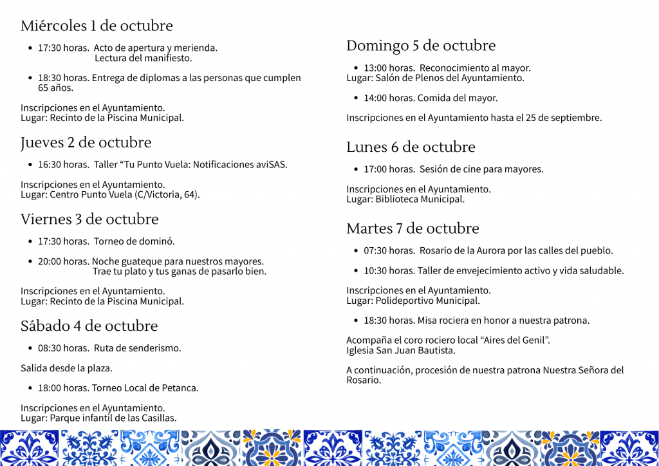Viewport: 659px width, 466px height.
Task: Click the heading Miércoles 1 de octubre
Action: [97, 26]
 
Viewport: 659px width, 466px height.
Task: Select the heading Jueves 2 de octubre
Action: [86, 142]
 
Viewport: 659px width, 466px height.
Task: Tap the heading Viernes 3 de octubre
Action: [89, 219]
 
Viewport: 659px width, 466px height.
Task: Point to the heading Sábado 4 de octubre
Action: [89, 326]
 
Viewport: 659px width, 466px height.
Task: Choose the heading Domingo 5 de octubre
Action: [421, 46]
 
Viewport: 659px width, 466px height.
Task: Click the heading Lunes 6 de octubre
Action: [411, 147]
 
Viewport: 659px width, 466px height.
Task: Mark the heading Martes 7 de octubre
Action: [413, 228]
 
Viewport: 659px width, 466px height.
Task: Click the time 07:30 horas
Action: [389, 250]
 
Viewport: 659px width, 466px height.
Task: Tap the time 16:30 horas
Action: [63, 164]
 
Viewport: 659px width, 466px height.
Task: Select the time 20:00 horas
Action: [63, 261]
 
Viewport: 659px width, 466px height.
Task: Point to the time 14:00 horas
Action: [389, 98]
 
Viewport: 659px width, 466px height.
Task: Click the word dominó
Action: [156, 241]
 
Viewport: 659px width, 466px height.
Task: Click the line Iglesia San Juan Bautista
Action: [400, 351]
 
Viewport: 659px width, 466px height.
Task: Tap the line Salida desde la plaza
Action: [66, 368]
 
